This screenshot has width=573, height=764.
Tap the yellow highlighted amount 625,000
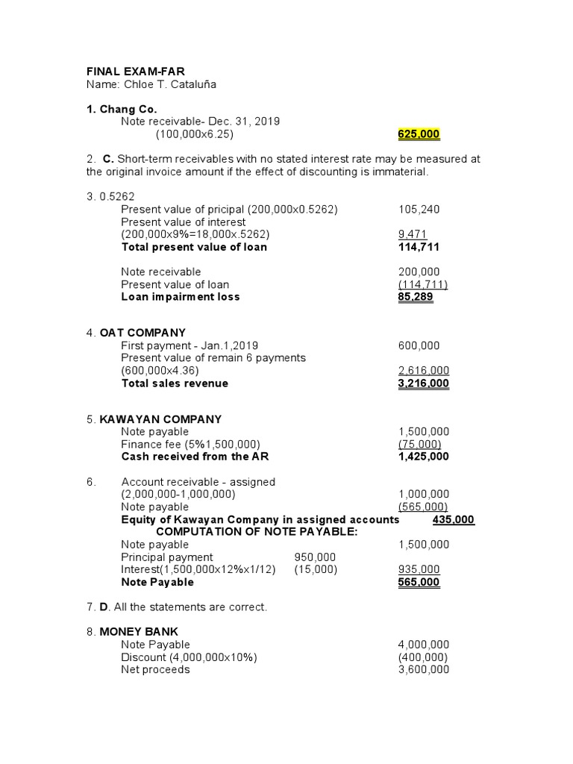(x=419, y=134)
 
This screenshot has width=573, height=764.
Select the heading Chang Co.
(x=128, y=109)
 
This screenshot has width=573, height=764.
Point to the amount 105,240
(x=419, y=210)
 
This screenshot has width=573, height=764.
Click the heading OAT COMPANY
(x=143, y=333)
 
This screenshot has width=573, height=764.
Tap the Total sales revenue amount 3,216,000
(x=424, y=383)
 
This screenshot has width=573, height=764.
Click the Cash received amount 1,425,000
(x=424, y=457)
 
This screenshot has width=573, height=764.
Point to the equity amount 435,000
(x=454, y=519)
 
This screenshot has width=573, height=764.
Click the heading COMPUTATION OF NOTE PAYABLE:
(x=257, y=532)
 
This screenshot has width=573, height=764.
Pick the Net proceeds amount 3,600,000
(x=424, y=670)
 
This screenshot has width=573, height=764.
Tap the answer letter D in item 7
(x=104, y=607)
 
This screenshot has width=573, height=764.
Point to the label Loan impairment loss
(x=181, y=297)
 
